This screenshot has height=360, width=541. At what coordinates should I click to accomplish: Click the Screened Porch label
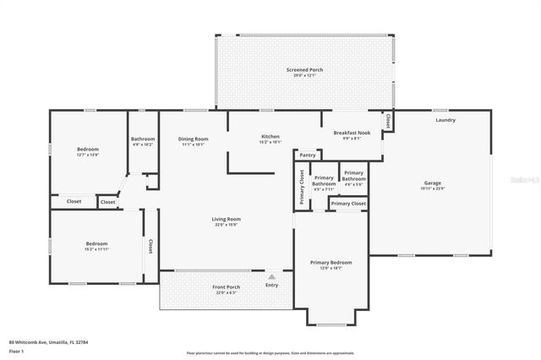coord(304,69)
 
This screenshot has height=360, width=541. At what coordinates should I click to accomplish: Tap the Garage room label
coord(433,183)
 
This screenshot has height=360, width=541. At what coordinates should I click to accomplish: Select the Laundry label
coord(445,120)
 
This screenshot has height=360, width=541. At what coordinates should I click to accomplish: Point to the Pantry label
coord(308,155)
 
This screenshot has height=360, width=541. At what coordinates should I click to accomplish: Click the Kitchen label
coord(270,137)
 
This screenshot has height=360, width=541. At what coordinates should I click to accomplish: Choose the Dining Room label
coord(193,139)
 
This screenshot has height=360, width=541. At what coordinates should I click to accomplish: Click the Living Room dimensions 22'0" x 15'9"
coord(227,225)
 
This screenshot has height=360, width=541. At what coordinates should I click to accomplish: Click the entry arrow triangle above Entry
coord(271,275)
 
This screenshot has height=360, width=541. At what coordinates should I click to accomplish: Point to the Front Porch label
coord(226,287)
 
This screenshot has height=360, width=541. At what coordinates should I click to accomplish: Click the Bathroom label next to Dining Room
coord(143,139)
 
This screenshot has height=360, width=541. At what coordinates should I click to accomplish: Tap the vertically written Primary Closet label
coord(301,187)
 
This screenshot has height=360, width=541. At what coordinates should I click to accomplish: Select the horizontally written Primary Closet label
coord(347,204)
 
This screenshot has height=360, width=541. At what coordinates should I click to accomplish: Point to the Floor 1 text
coord(16,350)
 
